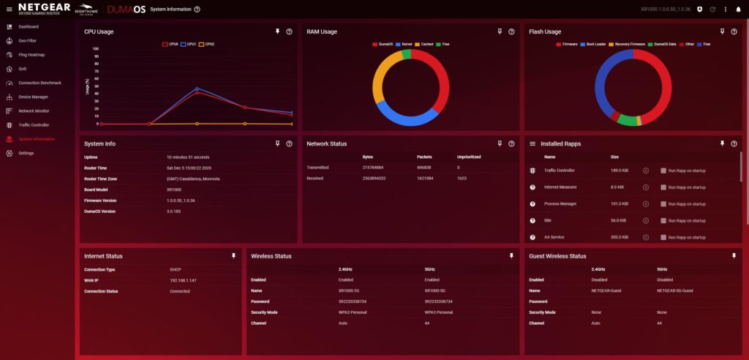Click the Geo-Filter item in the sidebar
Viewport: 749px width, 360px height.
coord(27,40)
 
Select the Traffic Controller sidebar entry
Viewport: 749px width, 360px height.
coord(33,124)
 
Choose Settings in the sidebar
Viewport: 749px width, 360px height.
coord(26,153)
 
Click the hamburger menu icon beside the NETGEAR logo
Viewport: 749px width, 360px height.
coord(10,9)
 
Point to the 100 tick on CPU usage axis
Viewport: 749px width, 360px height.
coord(96,49)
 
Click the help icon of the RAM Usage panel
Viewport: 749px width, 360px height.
coord(511,31)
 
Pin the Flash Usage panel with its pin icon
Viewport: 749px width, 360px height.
coord(723,31)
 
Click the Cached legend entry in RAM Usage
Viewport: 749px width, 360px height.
coord(425,44)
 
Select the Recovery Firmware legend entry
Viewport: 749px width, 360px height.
coord(626,44)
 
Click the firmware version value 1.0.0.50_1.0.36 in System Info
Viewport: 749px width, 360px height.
coord(182,200)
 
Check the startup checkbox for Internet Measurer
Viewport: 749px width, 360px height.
coord(663,187)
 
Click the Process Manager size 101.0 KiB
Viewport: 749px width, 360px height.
coord(620,203)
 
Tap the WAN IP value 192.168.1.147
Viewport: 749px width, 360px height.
coord(182,280)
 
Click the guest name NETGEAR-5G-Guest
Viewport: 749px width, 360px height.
coord(674,290)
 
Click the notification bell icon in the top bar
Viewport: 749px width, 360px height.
coord(738,9)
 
